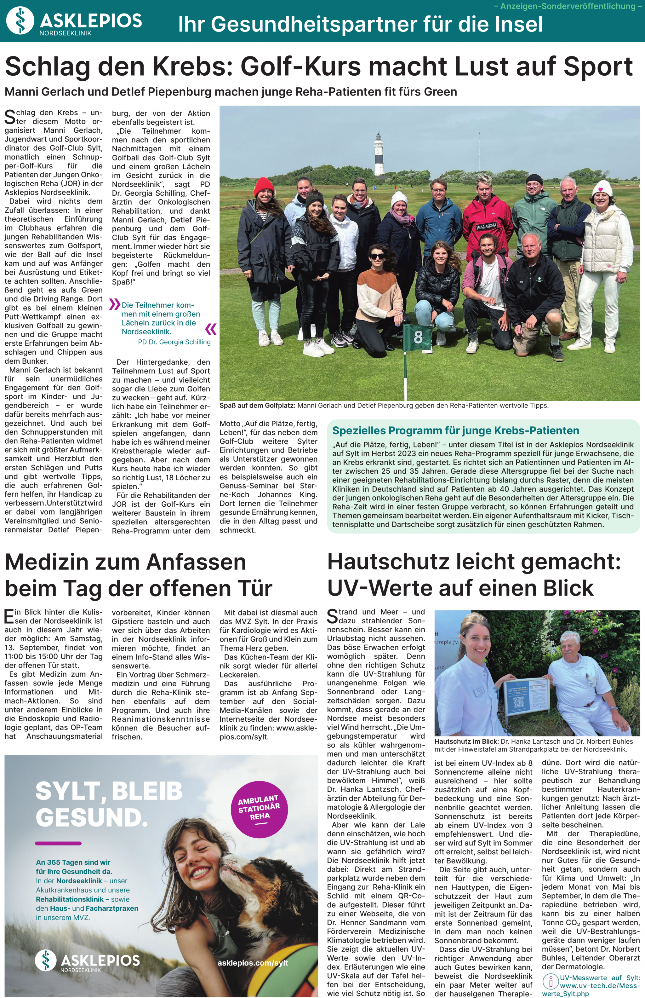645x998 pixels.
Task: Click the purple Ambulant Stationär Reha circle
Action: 259,807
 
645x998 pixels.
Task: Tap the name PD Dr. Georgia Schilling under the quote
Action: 174,342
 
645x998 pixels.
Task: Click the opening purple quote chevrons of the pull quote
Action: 115,304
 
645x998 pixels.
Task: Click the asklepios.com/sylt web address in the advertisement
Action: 253,962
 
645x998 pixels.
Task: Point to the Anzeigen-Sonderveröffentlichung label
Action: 568,6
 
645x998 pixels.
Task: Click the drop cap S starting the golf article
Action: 10,117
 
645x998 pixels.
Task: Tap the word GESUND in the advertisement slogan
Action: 92,817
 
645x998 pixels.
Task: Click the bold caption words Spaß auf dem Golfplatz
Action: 257,406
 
